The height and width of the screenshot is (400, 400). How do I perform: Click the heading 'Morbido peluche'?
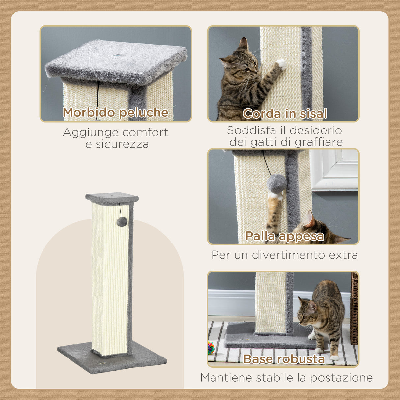coord(115,112)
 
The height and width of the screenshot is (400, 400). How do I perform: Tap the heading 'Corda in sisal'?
coord(285,114)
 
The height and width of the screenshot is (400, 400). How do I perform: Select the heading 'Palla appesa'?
coord(285,236)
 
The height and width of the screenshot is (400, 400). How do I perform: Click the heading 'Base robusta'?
coord(284,359)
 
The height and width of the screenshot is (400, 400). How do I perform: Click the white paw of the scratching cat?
coord(281,63)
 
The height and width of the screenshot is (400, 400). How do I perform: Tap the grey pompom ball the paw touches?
coord(277,184)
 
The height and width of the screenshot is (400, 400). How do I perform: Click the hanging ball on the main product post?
coord(122,222)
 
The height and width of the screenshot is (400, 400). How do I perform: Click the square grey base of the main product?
coord(112,361)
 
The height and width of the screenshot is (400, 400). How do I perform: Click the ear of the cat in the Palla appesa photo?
coord(310,219)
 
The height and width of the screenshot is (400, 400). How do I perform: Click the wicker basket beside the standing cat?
coord(354,308)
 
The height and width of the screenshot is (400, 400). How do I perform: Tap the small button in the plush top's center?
coord(117,55)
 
